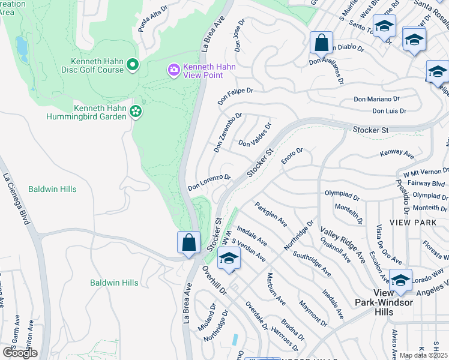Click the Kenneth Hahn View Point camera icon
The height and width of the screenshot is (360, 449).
(174, 71)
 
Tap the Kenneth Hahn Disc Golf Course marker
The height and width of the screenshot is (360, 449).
(133, 64)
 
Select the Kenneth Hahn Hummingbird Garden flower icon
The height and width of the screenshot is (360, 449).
(136, 111)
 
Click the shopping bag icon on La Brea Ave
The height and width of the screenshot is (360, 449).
(188, 243)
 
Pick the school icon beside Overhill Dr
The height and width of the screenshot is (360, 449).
(228, 259)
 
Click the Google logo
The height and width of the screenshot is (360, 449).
(20, 353)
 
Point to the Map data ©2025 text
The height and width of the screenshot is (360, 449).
(424, 355)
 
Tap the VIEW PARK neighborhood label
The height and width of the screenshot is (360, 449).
(413, 222)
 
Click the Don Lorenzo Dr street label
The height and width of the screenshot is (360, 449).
(209, 183)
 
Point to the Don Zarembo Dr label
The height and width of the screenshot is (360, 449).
(228, 131)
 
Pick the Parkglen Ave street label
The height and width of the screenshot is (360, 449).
(270, 214)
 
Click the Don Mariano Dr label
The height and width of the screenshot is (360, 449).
(376, 99)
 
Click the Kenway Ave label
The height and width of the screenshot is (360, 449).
(397, 155)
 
